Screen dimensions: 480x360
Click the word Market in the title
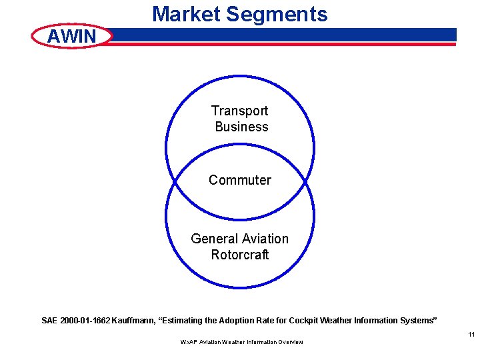tap(187, 14)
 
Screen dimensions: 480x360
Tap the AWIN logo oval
tap(73, 36)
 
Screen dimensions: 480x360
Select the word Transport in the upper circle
tap(240, 111)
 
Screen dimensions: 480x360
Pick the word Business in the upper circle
tap(241, 127)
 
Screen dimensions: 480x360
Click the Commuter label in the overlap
tap(240, 180)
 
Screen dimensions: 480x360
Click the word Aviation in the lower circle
tap(265, 239)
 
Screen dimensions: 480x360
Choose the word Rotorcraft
tap(240, 255)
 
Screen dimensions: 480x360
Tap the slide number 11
tap(471, 335)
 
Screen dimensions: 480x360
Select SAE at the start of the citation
tap(49, 321)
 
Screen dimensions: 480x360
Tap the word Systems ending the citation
tap(417, 321)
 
